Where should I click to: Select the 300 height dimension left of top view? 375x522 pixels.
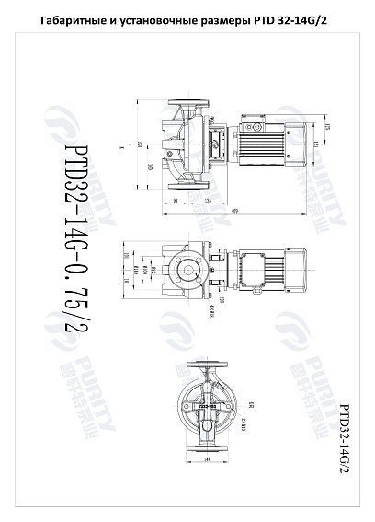click(x=148, y=167)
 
